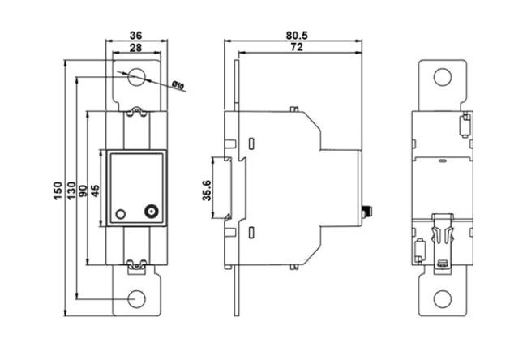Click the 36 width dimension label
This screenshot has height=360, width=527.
click(x=135, y=36)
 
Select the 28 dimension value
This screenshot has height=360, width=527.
click(x=135, y=48)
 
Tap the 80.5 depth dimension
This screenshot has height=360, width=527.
click(x=297, y=36)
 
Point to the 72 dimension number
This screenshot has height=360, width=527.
click(x=297, y=47)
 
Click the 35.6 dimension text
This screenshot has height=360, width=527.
click(x=207, y=191)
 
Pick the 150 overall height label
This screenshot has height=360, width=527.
click(x=58, y=191)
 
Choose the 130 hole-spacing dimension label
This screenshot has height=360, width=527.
click(x=71, y=191)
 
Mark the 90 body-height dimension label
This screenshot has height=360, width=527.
click(x=83, y=191)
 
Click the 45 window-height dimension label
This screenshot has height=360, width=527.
click(x=96, y=191)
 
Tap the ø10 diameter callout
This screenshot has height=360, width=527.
click(x=178, y=85)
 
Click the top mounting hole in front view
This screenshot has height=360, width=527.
click(x=136, y=77)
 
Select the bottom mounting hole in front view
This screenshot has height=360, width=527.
click(x=136, y=299)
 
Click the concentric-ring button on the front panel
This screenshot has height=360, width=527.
click(x=152, y=212)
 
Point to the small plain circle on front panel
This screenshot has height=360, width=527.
click(x=121, y=214)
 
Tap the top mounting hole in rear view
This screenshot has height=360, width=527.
click(x=443, y=77)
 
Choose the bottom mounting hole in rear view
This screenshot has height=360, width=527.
click(x=443, y=299)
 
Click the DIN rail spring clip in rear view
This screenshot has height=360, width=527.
click(x=443, y=241)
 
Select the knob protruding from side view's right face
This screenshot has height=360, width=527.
click(x=366, y=212)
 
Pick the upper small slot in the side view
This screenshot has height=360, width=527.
click(x=251, y=144)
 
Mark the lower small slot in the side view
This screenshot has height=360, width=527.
click(x=251, y=233)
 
